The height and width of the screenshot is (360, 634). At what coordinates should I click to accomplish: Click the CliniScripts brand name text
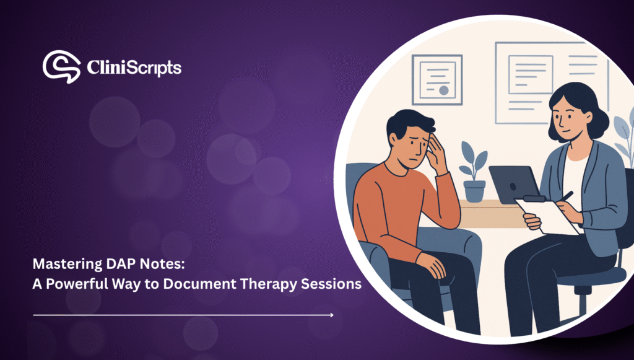pos(134,68)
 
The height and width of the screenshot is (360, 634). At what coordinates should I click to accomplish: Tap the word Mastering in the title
pos(67,265)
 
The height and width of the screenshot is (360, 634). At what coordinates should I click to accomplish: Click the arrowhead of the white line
pos(332,315)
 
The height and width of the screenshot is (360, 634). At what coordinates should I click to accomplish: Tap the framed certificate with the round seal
pos(436,80)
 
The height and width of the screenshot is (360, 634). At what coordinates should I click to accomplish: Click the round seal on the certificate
pos(444,90)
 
